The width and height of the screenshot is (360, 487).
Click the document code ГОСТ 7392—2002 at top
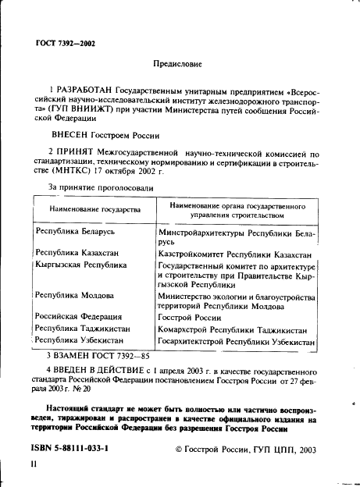click(66, 44)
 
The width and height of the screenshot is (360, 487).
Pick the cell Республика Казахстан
click(77, 254)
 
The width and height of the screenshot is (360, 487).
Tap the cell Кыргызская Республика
click(81, 265)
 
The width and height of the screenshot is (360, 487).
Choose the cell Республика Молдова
click(75, 296)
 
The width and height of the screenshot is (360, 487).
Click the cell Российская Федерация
click(79, 317)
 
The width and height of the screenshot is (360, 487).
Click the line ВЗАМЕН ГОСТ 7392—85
click(98, 355)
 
